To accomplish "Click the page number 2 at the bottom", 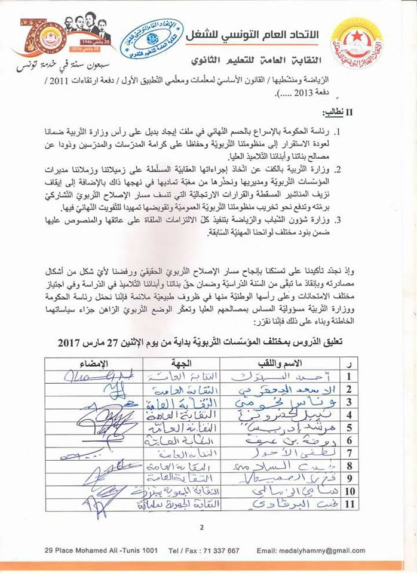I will click(x=202, y=526).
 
